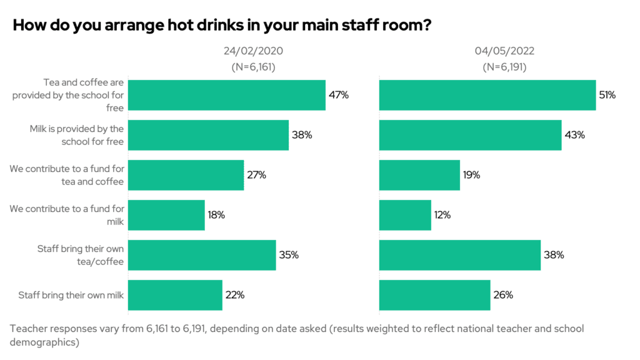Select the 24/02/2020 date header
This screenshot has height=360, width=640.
tap(253, 51)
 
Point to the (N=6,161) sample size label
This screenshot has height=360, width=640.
tap(253, 67)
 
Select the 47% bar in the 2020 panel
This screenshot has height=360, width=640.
tap(227, 95)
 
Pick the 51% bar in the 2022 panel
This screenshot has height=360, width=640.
tap(487, 95)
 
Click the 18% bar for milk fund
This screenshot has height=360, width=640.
tap(167, 215)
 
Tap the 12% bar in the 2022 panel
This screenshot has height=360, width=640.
tap(405, 215)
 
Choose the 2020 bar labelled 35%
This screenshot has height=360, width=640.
tap(202, 255)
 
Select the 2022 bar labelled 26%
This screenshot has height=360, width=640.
tap(435, 295)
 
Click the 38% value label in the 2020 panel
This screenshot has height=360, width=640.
tap(301, 135)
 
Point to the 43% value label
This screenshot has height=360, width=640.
tap(574, 135)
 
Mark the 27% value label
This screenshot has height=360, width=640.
tap(256, 175)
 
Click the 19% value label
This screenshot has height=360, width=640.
tap(471, 175)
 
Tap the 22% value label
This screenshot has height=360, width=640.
tap(235, 295)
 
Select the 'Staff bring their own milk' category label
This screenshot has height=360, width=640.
tap(71, 295)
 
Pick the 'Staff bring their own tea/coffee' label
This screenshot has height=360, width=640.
tap(81, 255)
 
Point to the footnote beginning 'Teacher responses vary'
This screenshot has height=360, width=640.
tap(297, 335)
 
